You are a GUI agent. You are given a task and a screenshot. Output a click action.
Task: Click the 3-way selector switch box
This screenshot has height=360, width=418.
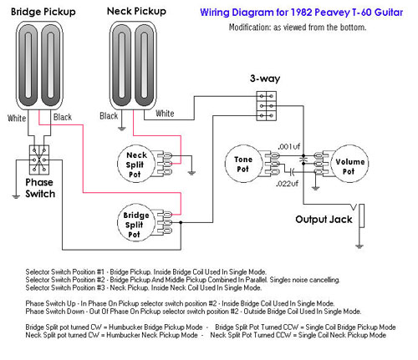[267, 106]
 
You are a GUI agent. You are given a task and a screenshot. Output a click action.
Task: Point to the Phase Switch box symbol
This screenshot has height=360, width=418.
[39, 160]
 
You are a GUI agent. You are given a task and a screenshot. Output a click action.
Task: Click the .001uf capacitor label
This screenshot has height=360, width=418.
[288, 146]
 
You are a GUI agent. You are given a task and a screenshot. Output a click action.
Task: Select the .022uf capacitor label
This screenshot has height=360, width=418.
[287, 184]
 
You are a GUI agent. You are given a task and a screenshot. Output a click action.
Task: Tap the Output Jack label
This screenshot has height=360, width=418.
[324, 220]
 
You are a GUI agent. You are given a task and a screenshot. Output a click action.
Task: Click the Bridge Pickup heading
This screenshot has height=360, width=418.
[43, 12]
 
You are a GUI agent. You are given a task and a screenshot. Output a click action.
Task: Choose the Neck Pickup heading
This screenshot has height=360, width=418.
[136, 12]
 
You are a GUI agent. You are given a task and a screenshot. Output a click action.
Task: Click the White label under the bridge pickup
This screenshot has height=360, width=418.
[17, 118]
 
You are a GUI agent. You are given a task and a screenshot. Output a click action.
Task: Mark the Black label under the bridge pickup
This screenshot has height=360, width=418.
[63, 117]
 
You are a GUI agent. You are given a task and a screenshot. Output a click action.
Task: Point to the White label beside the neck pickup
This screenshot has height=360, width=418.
[165, 114]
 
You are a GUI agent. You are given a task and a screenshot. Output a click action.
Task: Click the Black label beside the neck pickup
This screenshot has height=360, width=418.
[109, 116]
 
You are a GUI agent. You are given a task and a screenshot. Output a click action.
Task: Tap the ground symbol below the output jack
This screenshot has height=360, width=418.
[359, 246]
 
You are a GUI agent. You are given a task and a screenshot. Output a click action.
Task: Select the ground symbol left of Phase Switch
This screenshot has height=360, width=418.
[16, 196]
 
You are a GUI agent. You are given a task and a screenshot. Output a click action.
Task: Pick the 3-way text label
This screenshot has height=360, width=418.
[265, 79]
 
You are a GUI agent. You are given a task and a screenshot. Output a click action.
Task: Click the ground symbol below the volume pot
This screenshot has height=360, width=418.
[315, 189]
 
